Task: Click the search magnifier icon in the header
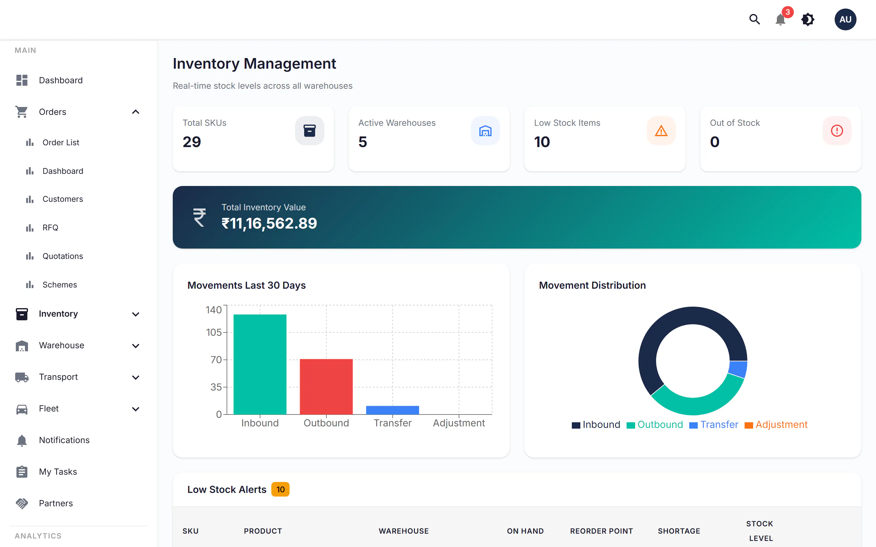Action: pos(754,19)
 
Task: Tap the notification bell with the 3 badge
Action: pos(781,19)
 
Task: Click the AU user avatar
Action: pos(845,19)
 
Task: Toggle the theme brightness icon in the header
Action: pos(808,19)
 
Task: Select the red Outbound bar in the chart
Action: pos(326,386)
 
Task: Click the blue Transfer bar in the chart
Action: pos(392,410)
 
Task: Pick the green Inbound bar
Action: pos(260,364)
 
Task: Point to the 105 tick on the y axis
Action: pos(214,332)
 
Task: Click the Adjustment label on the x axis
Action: pos(459,423)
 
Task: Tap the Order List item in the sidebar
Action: pos(61,143)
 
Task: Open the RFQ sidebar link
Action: pos(50,228)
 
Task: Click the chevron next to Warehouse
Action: pos(136,346)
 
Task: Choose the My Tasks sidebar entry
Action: pos(58,472)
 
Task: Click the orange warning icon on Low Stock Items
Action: pos(661,131)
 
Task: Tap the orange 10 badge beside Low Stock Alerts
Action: pos(280,490)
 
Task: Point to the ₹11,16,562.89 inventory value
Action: pos(269,223)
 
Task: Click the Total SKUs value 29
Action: pos(192,142)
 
